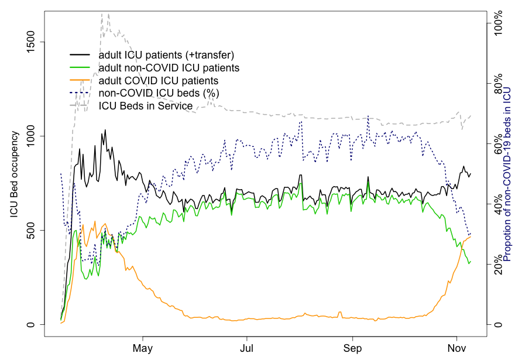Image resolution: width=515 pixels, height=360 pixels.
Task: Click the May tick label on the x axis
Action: pos(142,348)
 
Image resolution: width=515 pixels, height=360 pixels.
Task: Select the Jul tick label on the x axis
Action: pos(247,348)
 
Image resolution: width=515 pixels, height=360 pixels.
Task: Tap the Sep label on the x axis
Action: pos(352,348)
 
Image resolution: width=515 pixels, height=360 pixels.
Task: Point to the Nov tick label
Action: pos(456,348)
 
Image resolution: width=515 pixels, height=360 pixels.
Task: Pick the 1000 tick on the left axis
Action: pos(33,136)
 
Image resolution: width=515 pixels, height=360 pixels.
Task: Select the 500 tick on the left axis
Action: pos(33,230)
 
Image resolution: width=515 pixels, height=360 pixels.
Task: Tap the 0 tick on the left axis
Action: pos(33,324)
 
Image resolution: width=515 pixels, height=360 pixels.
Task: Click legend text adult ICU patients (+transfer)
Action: pos(167,55)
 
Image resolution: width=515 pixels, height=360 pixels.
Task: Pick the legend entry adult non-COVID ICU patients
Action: pos(169,68)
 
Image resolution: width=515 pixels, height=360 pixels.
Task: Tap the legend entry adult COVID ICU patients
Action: pos(159,81)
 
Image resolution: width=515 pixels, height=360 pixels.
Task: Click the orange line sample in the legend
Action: pos(81,80)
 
